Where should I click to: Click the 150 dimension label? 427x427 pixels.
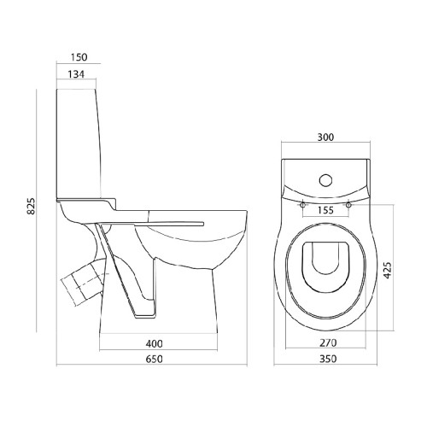(x=79, y=57)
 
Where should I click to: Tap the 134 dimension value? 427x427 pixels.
(x=76, y=74)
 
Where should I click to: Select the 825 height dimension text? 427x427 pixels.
(x=31, y=206)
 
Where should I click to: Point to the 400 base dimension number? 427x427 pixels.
(x=155, y=343)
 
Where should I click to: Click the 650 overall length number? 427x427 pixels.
(x=155, y=359)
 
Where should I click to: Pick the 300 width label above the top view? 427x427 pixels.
(x=325, y=137)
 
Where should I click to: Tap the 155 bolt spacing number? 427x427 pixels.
(x=325, y=210)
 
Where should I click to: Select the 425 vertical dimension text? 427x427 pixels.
(x=387, y=270)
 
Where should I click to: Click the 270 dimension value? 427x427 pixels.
(x=328, y=343)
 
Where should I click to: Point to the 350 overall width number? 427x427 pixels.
(x=328, y=359)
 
